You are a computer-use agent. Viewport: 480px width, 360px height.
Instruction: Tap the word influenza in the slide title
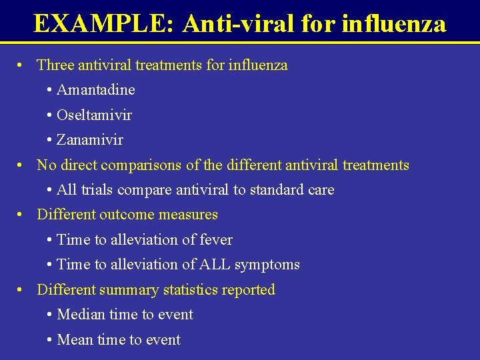pyautogui.click(x=393, y=23)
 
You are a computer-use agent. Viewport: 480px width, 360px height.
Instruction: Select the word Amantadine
pyautogui.click(x=96, y=90)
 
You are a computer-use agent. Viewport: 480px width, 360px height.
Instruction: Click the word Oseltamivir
pyautogui.click(x=94, y=115)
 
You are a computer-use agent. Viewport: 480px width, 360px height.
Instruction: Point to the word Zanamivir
pyautogui.click(x=90, y=140)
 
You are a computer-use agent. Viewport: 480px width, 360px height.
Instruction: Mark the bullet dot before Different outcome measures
pyautogui.click(x=22, y=215)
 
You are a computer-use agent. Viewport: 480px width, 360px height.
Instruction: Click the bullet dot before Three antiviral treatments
pyautogui.click(x=22, y=65)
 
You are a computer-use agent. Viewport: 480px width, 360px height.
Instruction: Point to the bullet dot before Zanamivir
pyautogui.click(x=50, y=141)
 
